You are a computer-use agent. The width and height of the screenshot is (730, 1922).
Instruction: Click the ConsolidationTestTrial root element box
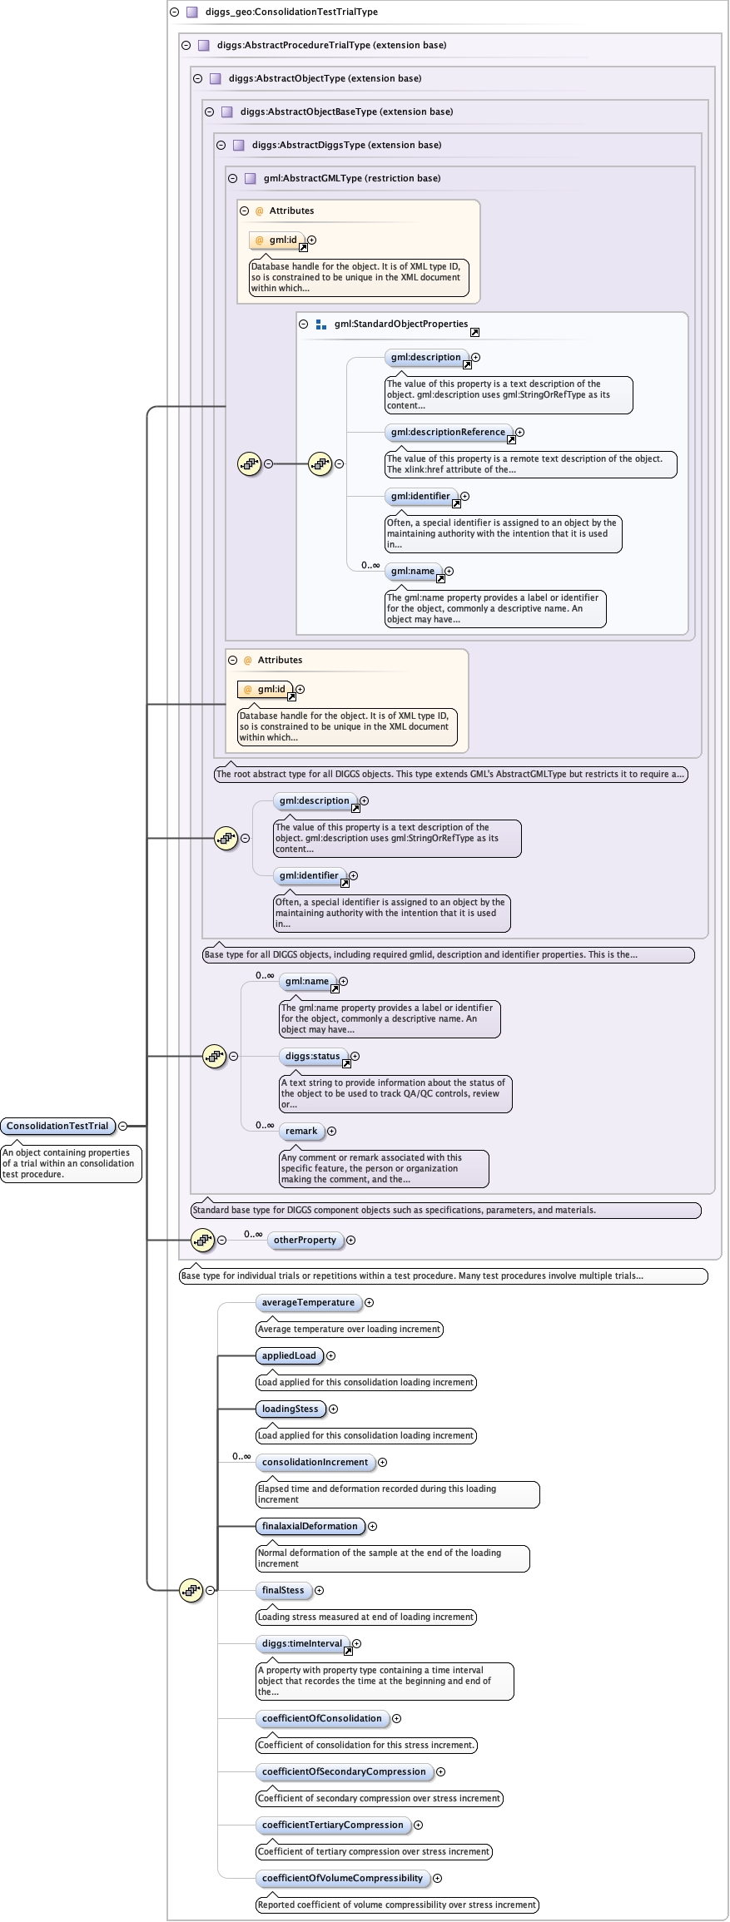(x=57, y=1126)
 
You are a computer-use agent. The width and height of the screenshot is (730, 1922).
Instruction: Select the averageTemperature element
(x=308, y=1302)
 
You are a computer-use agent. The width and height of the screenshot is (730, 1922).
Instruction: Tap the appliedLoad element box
(x=289, y=1355)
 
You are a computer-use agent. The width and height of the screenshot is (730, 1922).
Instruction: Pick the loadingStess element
(x=290, y=1409)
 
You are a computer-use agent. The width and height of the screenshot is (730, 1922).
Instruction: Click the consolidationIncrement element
(x=315, y=1462)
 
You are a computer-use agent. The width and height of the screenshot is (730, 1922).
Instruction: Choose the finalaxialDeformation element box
(x=310, y=1526)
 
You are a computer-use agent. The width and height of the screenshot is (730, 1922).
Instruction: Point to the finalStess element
(x=283, y=1590)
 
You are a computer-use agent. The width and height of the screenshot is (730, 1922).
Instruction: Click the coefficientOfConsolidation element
(x=321, y=1718)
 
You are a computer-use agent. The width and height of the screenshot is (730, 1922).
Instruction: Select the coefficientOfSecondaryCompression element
(x=344, y=1771)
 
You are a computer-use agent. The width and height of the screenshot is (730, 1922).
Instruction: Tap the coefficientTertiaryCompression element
(x=332, y=1825)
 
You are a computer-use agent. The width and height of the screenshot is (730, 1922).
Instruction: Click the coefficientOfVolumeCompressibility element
(x=342, y=1878)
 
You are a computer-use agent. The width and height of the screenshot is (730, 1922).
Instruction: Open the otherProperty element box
(x=305, y=1240)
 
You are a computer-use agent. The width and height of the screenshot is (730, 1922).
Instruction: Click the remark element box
(x=301, y=1131)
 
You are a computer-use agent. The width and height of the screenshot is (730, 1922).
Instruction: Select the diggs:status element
(x=312, y=1056)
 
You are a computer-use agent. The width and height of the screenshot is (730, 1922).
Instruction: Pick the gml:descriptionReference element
(x=448, y=432)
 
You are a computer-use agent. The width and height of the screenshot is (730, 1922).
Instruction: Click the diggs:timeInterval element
(x=301, y=1643)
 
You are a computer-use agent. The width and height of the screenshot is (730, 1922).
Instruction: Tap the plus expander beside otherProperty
(x=351, y=1240)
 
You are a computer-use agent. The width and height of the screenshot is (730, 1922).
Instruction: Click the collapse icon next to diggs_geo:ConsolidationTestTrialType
(x=175, y=12)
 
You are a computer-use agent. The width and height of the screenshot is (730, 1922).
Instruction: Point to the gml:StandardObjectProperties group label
(x=400, y=324)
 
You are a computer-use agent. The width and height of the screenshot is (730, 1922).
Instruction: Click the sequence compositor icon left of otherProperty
(x=202, y=1240)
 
